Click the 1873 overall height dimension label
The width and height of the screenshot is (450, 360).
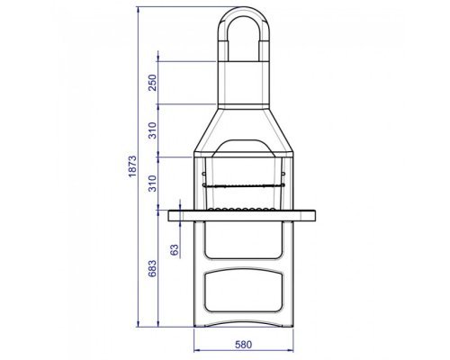(x=132, y=166)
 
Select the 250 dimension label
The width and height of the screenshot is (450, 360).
(x=153, y=83)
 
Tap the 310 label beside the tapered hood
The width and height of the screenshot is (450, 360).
(x=153, y=130)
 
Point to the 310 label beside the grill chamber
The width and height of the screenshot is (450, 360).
(x=153, y=184)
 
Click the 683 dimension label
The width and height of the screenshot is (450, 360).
(x=153, y=268)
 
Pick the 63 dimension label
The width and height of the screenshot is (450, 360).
(x=175, y=250)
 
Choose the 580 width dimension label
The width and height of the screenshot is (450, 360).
(x=243, y=345)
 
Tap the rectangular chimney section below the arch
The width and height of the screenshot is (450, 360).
(x=244, y=83)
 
